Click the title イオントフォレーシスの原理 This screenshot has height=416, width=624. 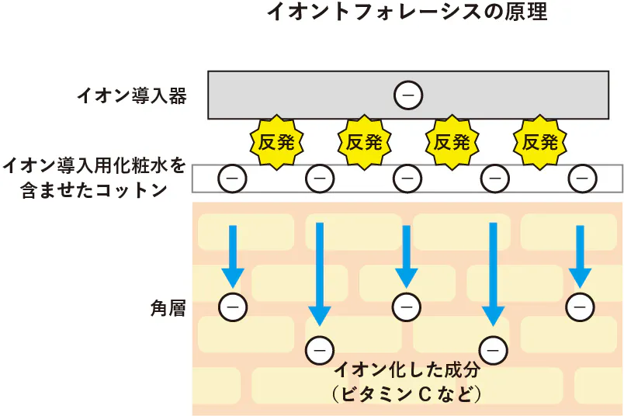pos(407,13)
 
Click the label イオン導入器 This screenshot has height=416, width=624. pos(132,96)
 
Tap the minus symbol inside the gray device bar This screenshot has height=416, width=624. pos(407,95)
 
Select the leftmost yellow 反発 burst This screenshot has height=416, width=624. pos(276,142)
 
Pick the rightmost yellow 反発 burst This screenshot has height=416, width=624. pos(540,142)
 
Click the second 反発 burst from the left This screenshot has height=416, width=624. pos(364,142)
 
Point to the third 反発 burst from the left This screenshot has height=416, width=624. pos(452,142)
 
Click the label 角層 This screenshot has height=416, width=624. pos(167,308)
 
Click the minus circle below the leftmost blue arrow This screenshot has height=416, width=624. pos(231,307)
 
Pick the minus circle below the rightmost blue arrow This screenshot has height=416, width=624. pos(580,307)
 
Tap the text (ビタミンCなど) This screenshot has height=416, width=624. pos(407,394)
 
